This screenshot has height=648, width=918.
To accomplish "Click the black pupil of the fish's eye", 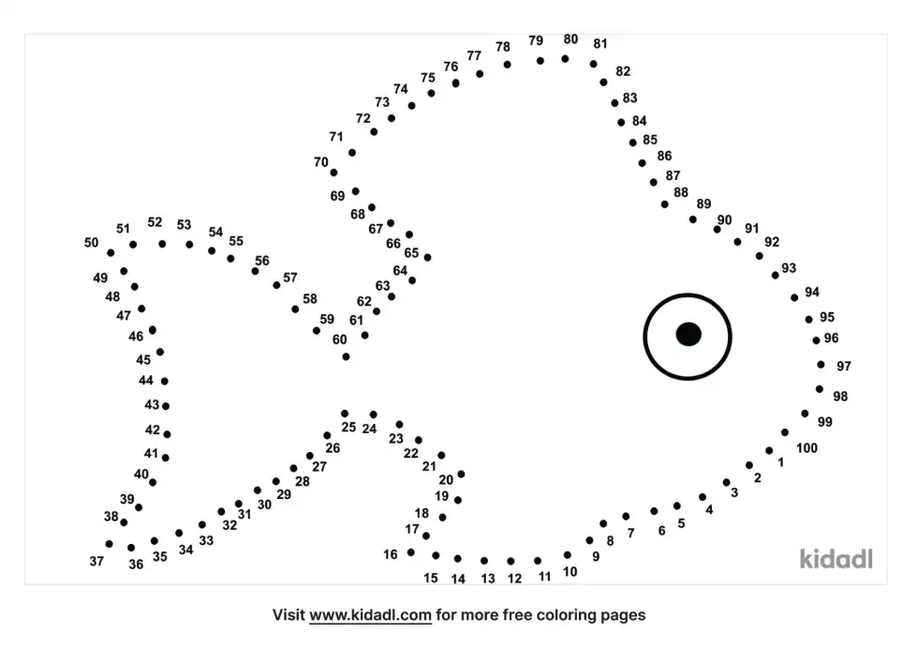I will tap(688, 334).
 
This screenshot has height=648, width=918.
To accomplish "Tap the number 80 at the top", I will tap(570, 39).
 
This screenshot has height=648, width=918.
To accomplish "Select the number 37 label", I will tap(96, 561).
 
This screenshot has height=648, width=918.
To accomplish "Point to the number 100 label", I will tap(807, 448).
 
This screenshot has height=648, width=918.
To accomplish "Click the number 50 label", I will tap(91, 243).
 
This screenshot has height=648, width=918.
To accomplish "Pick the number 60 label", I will tap(339, 339).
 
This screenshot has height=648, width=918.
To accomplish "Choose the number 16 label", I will tap(390, 554).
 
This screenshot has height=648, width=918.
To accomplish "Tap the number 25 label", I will tap(348, 428).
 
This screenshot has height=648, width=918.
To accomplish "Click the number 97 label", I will tap(844, 366).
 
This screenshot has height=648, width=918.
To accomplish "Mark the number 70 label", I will tap(320, 162).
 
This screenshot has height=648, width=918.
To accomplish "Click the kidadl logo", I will tap(837, 559).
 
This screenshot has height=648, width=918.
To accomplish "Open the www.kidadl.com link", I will tap(370, 615).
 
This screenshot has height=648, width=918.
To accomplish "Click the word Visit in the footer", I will tap(289, 615).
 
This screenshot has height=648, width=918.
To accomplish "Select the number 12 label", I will tap(514, 579).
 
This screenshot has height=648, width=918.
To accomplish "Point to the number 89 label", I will tap(703, 203).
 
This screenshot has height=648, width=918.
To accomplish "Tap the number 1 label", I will tap(780, 462).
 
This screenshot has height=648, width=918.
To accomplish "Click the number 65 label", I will tap(411, 252).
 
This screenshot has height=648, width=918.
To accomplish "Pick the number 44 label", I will tap(146, 381).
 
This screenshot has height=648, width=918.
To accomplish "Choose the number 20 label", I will tap(446, 480).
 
